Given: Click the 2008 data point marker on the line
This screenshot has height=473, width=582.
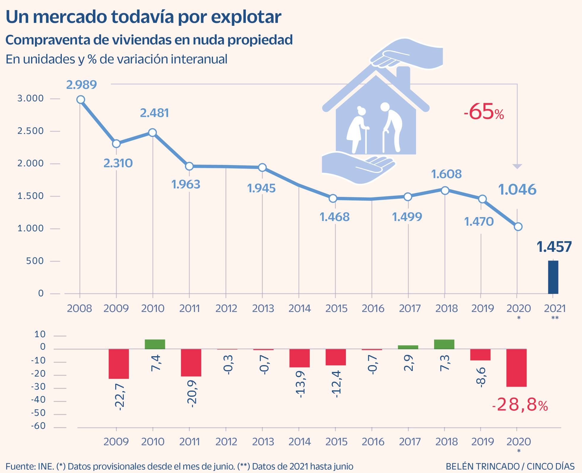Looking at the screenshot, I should [x=80, y=100].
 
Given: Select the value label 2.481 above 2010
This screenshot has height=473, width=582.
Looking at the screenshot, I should [x=154, y=113].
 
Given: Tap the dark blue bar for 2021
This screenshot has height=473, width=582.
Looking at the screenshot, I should [x=553, y=277].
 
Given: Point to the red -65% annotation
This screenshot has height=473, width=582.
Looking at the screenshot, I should [x=484, y=112].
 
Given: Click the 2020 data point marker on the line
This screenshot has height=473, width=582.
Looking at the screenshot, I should [x=518, y=227].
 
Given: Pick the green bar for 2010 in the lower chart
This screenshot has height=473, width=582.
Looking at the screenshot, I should [x=155, y=344].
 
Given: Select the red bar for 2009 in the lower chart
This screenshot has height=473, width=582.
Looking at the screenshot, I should [x=118, y=364].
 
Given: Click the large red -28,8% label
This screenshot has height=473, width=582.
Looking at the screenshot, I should [x=520, y=405].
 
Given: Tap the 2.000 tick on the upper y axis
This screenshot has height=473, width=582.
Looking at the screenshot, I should [x=30, y=163].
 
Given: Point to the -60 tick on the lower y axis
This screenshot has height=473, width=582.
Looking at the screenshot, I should [x=38, y=426].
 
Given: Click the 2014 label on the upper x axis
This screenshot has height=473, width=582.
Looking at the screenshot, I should [x=299, y=309].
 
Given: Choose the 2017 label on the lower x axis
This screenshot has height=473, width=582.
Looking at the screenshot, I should [x=409, y=442].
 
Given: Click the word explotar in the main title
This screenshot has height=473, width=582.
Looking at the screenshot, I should [x=246, y=17].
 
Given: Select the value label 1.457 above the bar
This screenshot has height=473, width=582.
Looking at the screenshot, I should [x=554, y=247].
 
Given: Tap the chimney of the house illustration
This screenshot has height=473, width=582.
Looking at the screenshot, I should [x=403, y=77].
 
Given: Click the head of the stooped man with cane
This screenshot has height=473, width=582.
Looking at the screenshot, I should [x=385, y=107].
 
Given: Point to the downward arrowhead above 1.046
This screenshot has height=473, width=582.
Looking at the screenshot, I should [x=517, y=166].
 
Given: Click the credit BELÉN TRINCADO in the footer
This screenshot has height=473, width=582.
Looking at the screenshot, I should [x=482, y=466].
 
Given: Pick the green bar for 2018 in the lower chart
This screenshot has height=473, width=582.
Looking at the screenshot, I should [x=444, y=344].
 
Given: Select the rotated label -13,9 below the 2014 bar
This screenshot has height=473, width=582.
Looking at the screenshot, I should [x=300, y=384].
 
